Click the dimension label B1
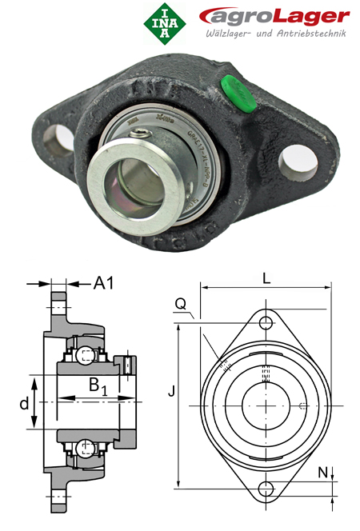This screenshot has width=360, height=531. (x=98, y=387)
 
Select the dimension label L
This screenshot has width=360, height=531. (x=265, y=278)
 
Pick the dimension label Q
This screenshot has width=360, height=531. (x=180, y=304)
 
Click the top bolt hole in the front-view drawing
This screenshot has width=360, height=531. (x=266, y=322)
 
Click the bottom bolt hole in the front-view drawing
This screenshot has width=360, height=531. (x=266, y=489)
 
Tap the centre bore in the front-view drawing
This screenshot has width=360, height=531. (x=266, y=405)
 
